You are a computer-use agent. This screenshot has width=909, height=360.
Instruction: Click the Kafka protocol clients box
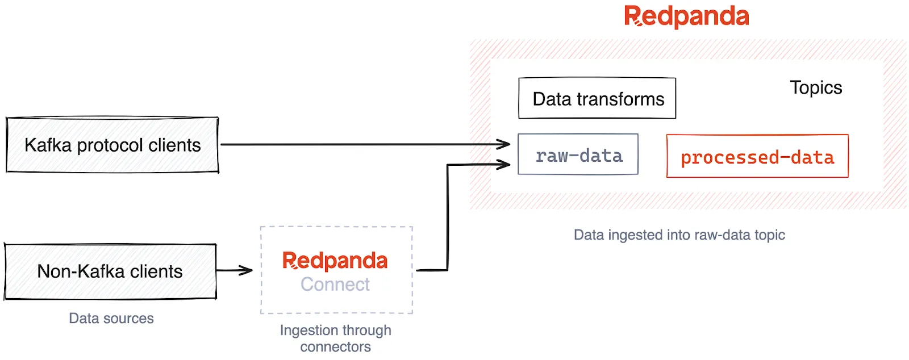(112, 145)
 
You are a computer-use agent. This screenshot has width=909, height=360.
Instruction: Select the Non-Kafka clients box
(110, 271)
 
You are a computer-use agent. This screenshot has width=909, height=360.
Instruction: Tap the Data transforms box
(597, 99)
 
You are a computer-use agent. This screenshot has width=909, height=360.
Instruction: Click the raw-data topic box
(578, 155)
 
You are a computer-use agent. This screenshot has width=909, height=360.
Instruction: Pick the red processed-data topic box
(757, 157)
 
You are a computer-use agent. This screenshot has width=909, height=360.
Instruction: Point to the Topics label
(815, 88)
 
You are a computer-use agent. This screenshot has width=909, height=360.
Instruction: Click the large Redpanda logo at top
(686, 16)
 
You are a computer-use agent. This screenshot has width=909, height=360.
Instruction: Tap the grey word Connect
(335, 284)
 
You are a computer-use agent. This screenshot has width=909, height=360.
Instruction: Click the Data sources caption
(111, 319)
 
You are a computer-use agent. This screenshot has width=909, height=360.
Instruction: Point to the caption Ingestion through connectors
(335, 338)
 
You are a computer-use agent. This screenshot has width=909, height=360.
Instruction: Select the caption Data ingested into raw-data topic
(679, 235)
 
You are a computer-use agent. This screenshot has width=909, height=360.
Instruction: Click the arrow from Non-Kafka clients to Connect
(234, 270)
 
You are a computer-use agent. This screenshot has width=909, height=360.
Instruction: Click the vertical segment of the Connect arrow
(448, 219)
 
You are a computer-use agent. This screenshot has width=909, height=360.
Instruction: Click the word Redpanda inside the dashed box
(335, 261)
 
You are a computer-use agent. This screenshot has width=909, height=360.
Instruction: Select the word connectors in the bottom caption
(335, 347)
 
